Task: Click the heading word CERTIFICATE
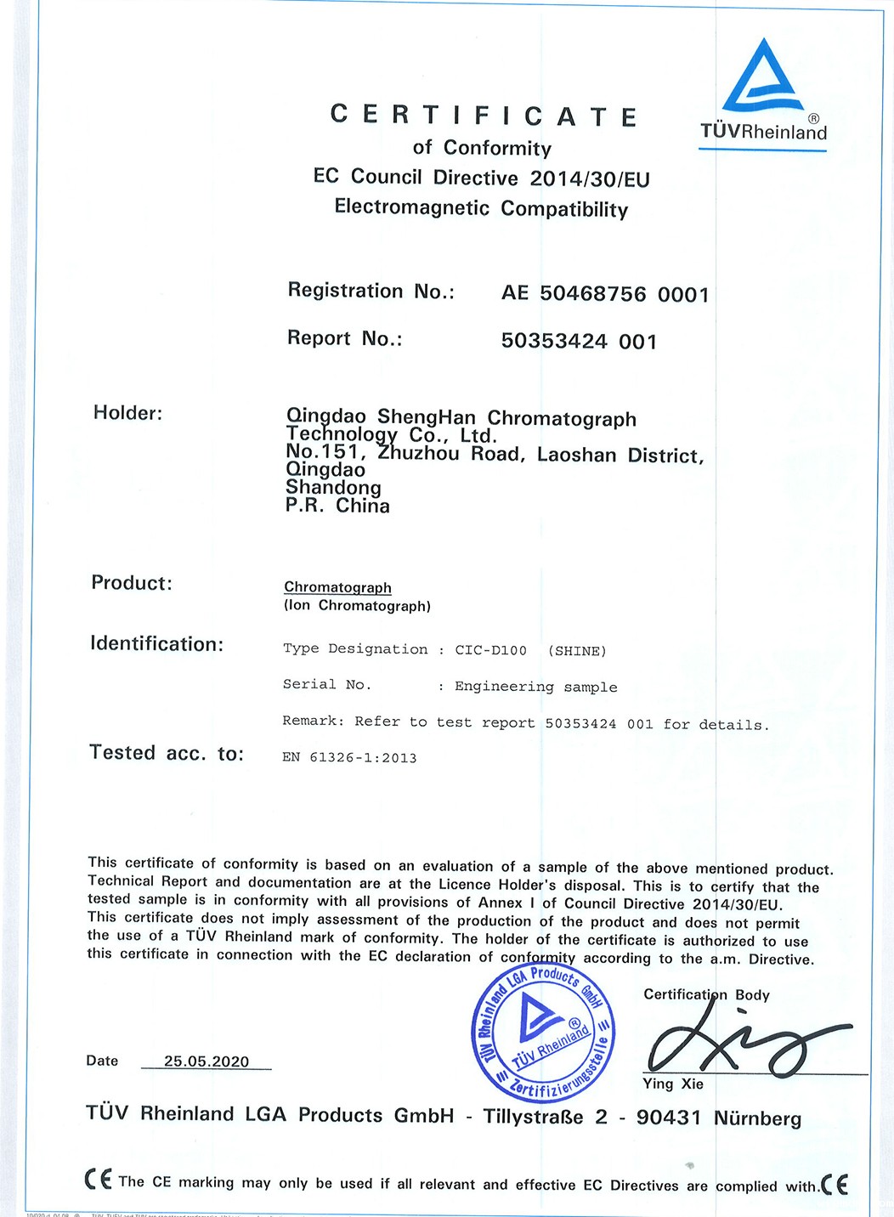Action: coord(484,116)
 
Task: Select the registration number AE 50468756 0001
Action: coord(604,294)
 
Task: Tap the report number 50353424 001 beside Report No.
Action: coord(579,342)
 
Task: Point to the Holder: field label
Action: coord(127,413)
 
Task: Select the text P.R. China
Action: coord(337,506)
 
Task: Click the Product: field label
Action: coord(132,583)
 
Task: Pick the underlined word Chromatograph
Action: coord(337,587)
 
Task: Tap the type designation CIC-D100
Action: coord(490,650)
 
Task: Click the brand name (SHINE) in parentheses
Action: coord(577,651)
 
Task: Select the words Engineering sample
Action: coord(535,687)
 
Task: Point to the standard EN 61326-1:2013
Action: coord(349,757)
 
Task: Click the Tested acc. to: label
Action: coord(167,753)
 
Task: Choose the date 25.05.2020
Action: coord(207,1061)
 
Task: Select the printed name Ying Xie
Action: coord(673,1084)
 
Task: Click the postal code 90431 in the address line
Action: coord(668,1117)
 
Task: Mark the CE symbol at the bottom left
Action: coord(99,1180)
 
